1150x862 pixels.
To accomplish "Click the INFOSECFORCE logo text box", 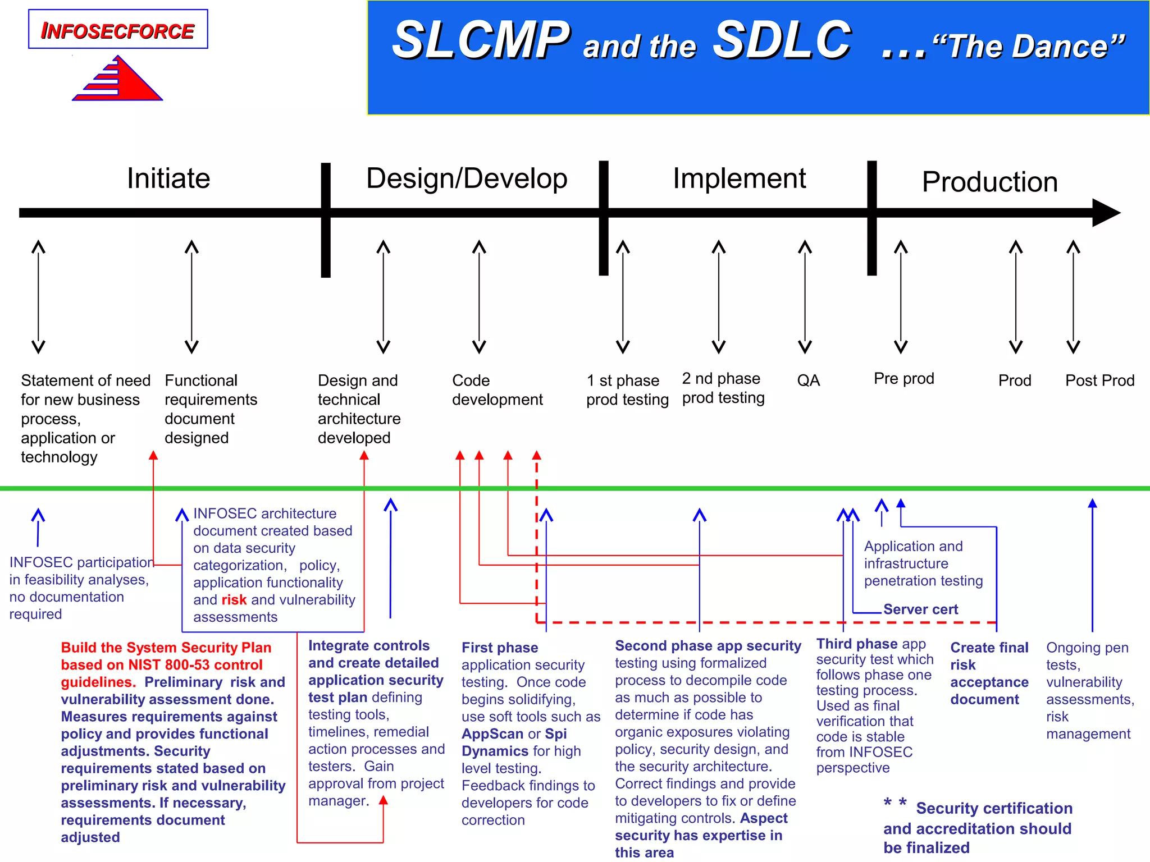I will pos(118,30).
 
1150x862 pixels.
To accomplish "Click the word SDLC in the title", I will pos(782,40).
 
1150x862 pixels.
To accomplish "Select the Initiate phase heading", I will pos(168,178).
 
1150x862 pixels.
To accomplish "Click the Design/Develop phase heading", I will pos(467,178).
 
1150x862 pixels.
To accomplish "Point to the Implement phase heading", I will pos(739,178).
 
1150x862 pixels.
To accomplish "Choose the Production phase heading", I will pos(989,182).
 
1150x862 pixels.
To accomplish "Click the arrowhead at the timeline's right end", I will pos(1106,213).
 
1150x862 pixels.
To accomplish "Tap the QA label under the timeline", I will pos(808,380).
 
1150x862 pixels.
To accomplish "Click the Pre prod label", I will pos(903,379).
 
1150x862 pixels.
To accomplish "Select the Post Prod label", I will pos(1099,380).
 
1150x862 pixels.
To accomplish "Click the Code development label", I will pos(497,390).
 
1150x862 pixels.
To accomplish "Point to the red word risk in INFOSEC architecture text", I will pos(234,600).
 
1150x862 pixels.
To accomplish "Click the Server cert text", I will pos(920,609).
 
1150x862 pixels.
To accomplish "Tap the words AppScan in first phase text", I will pos(492,734).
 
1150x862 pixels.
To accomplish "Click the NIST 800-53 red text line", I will pos(162,665).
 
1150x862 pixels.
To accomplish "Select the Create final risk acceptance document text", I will pos(989,673).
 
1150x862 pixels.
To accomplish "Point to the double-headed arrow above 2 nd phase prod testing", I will pos(719,297).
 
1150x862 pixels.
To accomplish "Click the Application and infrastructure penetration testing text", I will pos(923,563).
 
